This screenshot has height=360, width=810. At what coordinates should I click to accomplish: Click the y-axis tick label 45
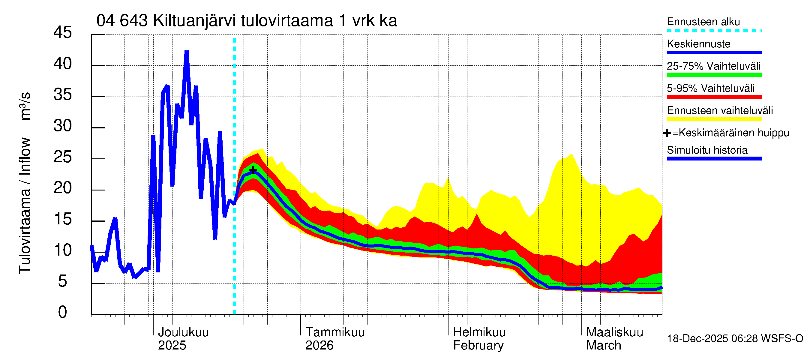tap(63, 32)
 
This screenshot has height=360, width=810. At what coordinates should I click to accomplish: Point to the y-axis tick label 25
tap(63, 157)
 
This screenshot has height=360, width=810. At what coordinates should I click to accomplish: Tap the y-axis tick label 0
tap(63, 312)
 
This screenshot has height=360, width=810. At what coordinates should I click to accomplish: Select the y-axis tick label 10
tap(63, 250)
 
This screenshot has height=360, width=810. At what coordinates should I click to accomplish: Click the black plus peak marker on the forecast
tap(253, 170)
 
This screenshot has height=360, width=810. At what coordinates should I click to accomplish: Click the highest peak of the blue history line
tap(187, 52)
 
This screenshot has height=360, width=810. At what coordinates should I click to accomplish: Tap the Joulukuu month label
tap(183, 332)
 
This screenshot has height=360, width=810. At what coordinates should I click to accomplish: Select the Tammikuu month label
tap(335, 332)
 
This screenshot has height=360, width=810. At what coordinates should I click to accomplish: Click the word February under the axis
tap(478, 346)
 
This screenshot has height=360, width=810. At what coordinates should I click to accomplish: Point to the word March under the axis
tap(603, 346)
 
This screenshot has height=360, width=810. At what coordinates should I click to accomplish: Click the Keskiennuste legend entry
tap(698, 44)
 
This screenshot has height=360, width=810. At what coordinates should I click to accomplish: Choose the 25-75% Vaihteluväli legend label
tap(713, 66)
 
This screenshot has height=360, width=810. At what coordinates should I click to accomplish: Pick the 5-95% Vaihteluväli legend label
tap(711, 88)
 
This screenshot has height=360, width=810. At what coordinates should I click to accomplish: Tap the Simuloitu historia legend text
tap(707, 150)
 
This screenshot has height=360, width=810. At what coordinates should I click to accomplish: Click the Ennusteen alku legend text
tap(703, 22)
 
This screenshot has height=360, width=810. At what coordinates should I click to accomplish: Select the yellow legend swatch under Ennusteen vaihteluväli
tap(714, 119)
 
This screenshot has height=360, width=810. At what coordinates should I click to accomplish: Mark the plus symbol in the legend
tap(667, 133)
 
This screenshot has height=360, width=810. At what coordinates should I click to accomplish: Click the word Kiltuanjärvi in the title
tap(194, 21)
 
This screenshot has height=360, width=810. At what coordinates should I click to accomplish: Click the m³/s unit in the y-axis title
tap(25, 106)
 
